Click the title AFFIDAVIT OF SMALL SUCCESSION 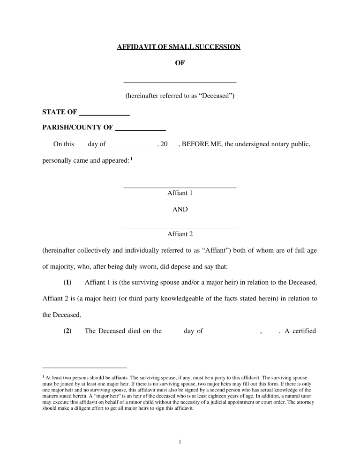[x=179, y=46]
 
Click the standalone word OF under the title [x=180, y=63]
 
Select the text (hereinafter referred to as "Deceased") [x=180, y=97]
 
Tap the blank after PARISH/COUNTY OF [x=140, y=128]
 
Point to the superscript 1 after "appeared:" [x=132, y=159]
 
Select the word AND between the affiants [x=180, y=210]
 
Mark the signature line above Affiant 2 [x=180, y=228]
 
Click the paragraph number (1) [x=67, y=282]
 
